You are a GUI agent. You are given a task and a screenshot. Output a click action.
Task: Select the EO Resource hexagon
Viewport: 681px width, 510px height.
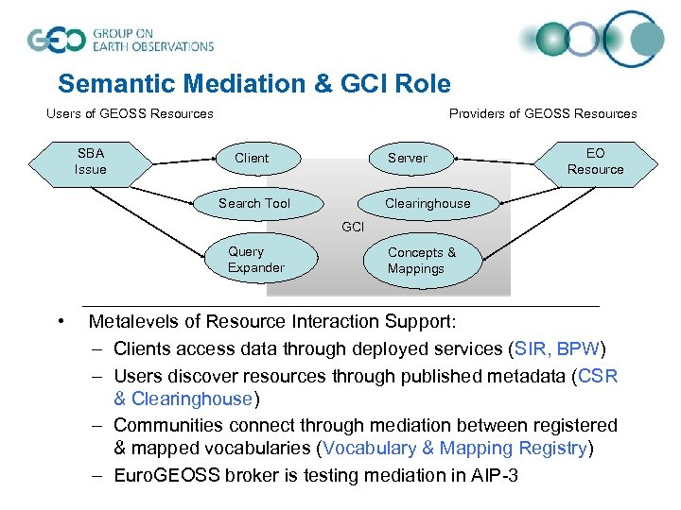tap(595, 161)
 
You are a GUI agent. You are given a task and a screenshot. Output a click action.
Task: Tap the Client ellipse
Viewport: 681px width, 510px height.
tap(252, 158)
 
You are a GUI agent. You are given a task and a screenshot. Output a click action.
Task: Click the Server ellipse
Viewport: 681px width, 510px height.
tap(408, 158)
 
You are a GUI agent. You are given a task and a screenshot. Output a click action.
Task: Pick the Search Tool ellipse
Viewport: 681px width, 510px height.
tap(253, 203)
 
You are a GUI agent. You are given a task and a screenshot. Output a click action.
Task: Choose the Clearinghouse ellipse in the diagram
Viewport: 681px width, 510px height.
tap(427, 203)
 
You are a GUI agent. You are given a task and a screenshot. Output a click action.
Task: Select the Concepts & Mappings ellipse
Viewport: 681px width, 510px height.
tap(422, 261)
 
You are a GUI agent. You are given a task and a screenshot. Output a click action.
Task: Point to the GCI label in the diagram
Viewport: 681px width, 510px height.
tap(352, 228)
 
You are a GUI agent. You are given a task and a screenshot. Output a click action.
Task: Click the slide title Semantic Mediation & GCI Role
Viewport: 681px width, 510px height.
tap(253, 84)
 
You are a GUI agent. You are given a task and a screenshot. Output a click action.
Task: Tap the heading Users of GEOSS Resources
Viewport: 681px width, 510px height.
tap(130, 113)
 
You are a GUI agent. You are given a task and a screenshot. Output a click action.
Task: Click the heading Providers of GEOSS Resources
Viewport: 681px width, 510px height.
tap(542, 113)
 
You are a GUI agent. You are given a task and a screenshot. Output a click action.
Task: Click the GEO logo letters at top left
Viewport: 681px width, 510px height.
tap(56, 41)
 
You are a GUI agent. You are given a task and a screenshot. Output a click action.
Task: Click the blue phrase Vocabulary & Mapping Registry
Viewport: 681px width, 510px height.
tap(454, 449)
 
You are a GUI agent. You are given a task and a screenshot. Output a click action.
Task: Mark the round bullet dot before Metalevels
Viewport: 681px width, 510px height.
tap(61, 323)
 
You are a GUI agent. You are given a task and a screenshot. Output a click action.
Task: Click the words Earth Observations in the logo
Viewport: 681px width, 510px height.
tap(152, 45)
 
